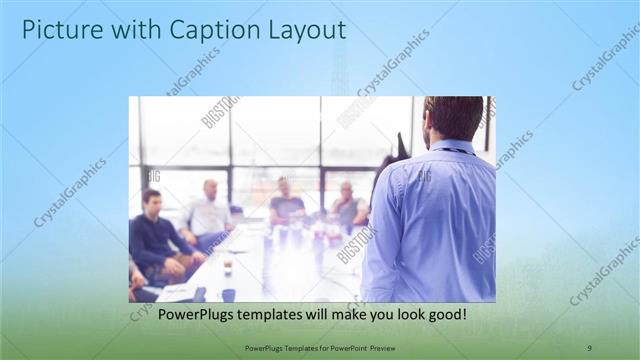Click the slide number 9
click(589, 347)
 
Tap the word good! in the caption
click(446, 314)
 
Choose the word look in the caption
click(403, 314)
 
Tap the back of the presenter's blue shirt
click(435, 220)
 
